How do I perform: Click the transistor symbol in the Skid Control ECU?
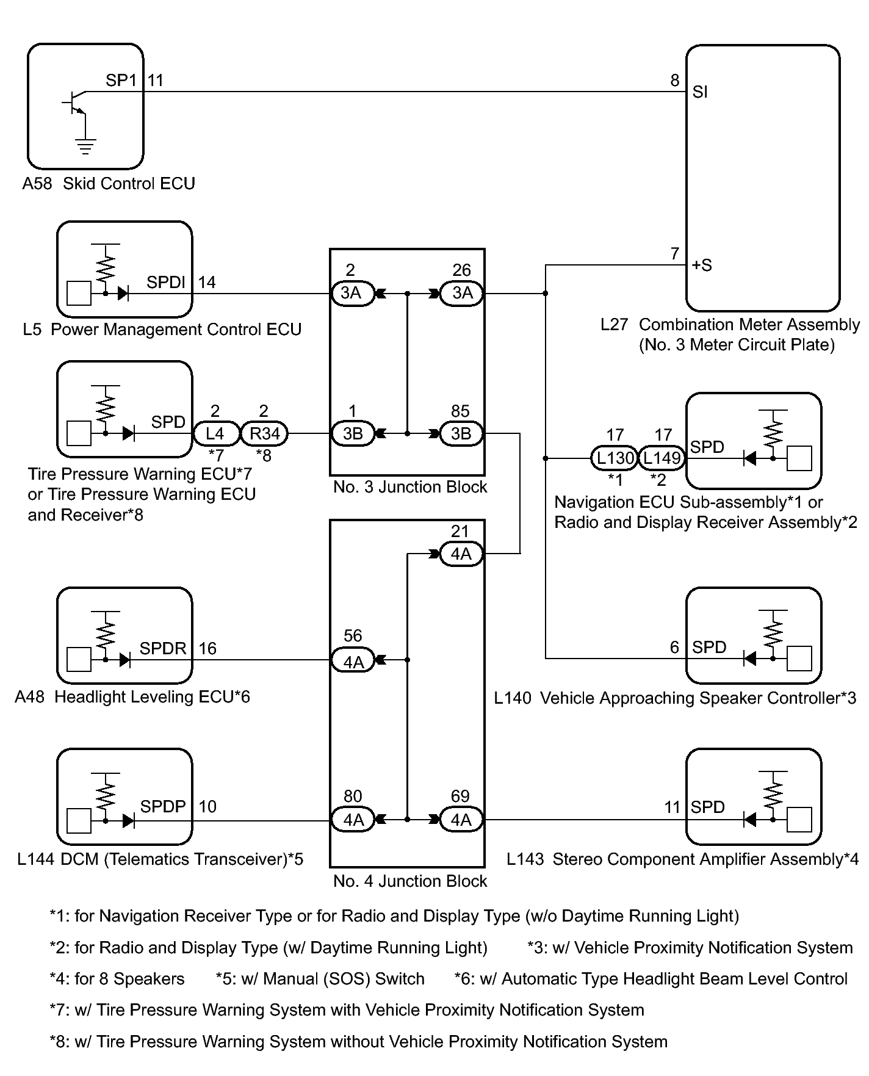point(76,103)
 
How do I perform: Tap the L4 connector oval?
point(215,434)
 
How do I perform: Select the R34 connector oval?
point(264,434)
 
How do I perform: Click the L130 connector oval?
point(615,458)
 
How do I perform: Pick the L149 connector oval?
point(662,458)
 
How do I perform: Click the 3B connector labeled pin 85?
point(461,434)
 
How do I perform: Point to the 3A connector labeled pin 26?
point(461,294)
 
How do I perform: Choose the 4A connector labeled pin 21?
point(461,554)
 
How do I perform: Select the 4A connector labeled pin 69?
point(461,820)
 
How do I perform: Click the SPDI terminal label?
point(166,282)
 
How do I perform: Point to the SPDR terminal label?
point(163,648)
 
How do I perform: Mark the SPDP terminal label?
point(163,806)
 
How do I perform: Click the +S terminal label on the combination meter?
point(702,265)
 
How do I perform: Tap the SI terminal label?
point(700,92)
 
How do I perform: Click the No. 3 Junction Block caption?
point(410,487)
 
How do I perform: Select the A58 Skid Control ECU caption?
point(109,184)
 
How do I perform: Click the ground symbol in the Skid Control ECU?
point(85,146)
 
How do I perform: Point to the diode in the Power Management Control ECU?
point(123,294)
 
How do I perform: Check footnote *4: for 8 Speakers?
point(117,979)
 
